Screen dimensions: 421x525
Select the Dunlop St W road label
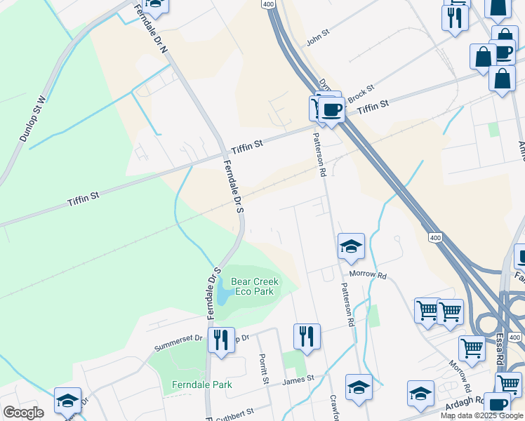[x=33, y=119]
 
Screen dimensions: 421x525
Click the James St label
[x=298, y=381]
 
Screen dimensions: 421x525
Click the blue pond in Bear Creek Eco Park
[x=223, y=291]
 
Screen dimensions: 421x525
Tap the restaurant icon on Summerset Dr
[x=221, y=340]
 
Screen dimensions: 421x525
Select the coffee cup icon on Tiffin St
[x=331, y=109]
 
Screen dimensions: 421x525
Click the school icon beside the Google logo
[x=67, y=400]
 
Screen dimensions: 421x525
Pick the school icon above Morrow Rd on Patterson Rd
[x=351, y=246]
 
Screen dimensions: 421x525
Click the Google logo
[x=23, y=413]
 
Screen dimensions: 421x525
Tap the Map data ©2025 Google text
[x=481, y=415]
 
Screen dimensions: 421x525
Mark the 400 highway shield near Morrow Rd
[x=436, y=239]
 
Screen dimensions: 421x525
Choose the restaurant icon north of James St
[x=307, y=336]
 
